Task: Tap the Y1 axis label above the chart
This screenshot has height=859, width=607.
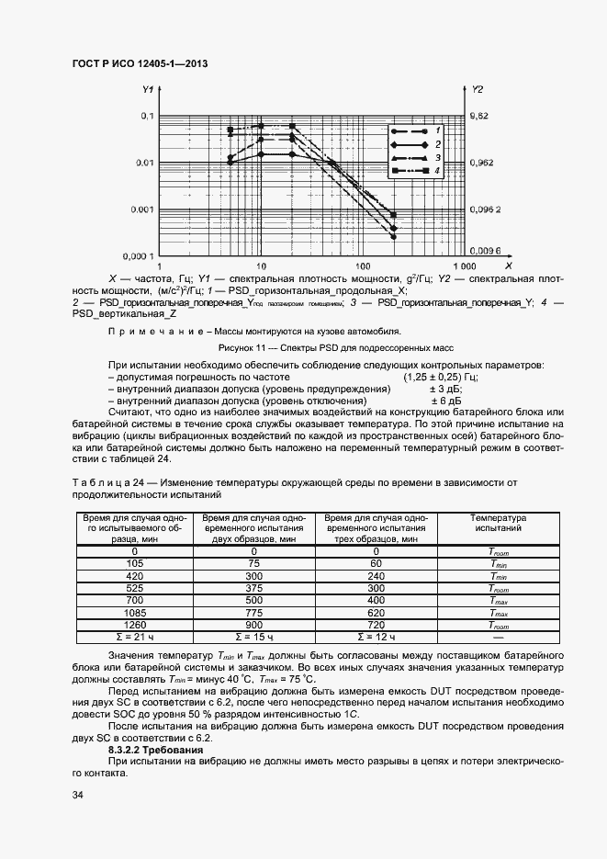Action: coord(147,90)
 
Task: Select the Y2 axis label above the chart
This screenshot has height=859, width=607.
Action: coord(478,90)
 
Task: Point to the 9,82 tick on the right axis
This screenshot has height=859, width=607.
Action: coord(480,117)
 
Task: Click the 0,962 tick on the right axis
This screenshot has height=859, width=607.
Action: coord(482,163)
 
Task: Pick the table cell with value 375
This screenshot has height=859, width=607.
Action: coord(254,588)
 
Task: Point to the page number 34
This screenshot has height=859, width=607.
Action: coord(78,795)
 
